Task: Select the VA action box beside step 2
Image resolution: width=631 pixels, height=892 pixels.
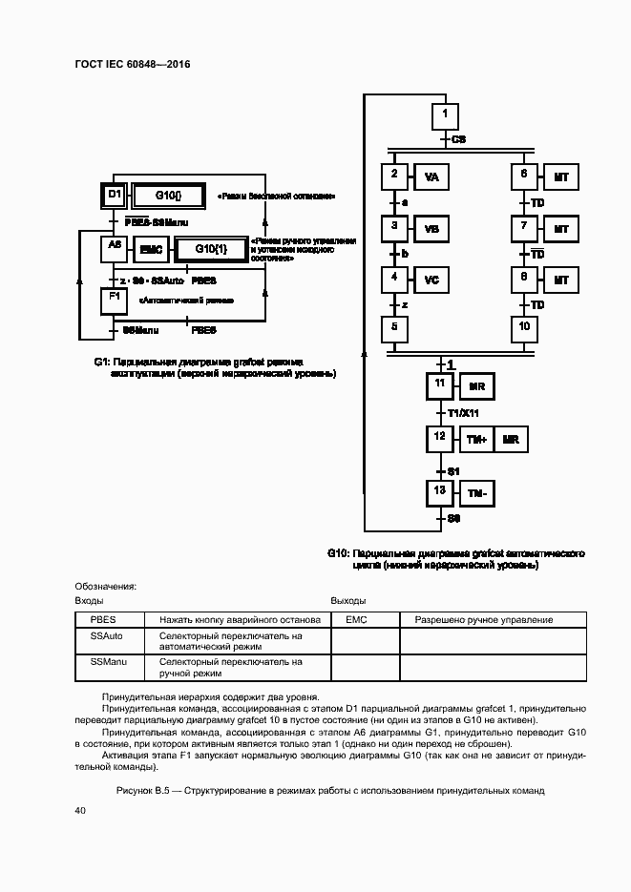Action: point(431,178)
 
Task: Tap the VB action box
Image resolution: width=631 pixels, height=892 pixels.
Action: point(431,230)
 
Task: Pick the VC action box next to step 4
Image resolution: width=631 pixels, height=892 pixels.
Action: point(431,280)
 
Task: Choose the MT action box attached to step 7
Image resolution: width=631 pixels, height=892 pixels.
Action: point(561,230)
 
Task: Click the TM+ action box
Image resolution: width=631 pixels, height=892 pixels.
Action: point(475,440)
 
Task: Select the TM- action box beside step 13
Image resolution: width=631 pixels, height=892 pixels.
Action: point(475,493)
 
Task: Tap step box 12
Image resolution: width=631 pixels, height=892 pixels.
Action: point(439,438)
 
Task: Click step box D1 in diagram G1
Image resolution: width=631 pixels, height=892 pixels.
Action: point(114,196)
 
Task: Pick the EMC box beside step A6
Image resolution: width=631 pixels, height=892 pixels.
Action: point(150,249)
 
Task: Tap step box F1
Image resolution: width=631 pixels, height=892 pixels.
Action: point(114,300)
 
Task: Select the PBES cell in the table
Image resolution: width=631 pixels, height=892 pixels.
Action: point(104,619)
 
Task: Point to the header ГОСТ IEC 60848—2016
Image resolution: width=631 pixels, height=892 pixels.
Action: point(132,64)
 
